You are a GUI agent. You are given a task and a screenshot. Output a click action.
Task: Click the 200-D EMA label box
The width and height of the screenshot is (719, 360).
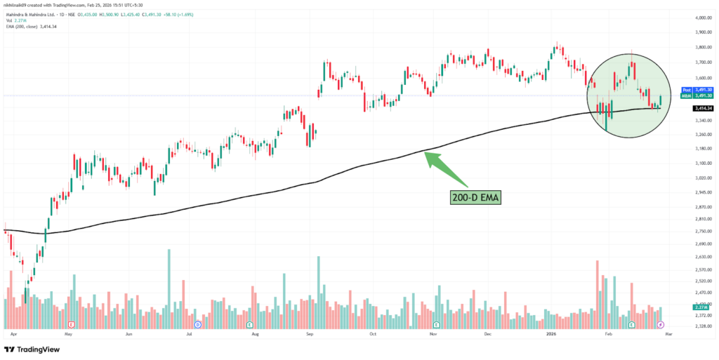475,198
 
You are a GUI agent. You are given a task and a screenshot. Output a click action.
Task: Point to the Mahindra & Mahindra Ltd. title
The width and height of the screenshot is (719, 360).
29,13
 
